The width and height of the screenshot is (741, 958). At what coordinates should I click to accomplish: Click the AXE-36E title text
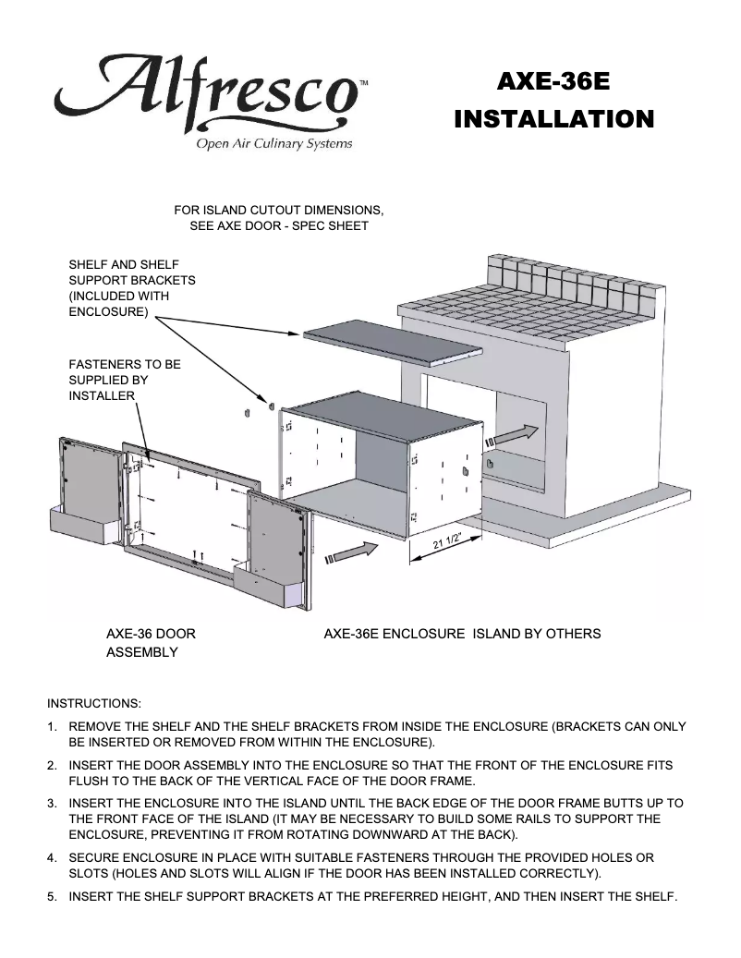(553, 82)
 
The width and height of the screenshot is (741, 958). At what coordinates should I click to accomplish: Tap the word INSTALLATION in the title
(554, 119)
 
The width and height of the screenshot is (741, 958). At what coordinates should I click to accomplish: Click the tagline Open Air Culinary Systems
(273, 144)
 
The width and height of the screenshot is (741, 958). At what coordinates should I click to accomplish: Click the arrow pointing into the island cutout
(516, 434)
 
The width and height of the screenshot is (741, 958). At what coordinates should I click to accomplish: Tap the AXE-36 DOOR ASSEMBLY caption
(150, 643)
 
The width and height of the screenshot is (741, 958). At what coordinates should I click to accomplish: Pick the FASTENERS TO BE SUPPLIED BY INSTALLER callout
(125, 380)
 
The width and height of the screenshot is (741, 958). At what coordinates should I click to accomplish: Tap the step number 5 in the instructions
(53, 895)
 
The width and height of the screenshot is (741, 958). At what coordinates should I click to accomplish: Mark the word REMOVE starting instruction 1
(96, 726)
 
